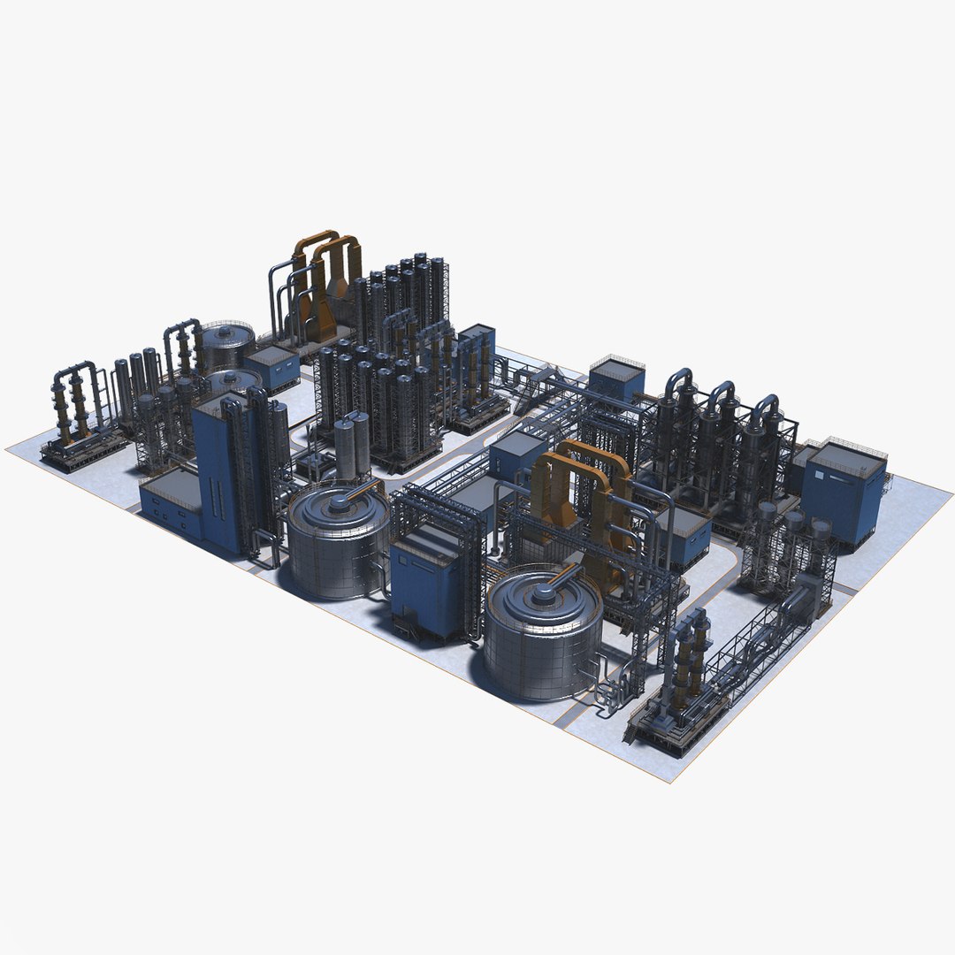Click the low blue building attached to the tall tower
(x=170, y=504)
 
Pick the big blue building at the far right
(x=844, y=491)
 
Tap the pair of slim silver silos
(x=352, y=447)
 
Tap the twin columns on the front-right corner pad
(x=690, y=659)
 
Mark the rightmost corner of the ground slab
(x=951, y=488)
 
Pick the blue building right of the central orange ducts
(x=685, y=535)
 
